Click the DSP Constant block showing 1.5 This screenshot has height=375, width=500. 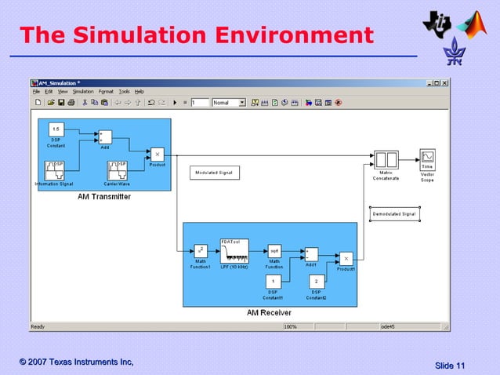click(56, 129)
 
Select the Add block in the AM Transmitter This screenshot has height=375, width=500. click(105, 137)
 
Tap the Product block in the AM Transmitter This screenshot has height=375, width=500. click(157, 154)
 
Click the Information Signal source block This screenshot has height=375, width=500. click(54, 170)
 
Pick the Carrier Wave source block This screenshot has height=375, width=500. click(117, 170)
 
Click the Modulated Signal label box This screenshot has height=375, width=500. click(215, 173)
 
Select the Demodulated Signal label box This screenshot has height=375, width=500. click(394, 213)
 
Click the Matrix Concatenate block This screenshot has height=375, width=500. click(386, 159)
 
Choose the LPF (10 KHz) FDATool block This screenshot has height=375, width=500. click(234, 249)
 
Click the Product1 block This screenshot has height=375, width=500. click(346, 258)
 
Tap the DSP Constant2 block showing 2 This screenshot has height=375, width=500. click(316, 281)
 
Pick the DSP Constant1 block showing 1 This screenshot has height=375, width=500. click(274, 281)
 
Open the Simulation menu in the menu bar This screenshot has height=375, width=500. click(83, 92)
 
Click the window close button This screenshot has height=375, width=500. click(446, 82)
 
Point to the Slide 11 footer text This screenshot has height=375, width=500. click(450, 366)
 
